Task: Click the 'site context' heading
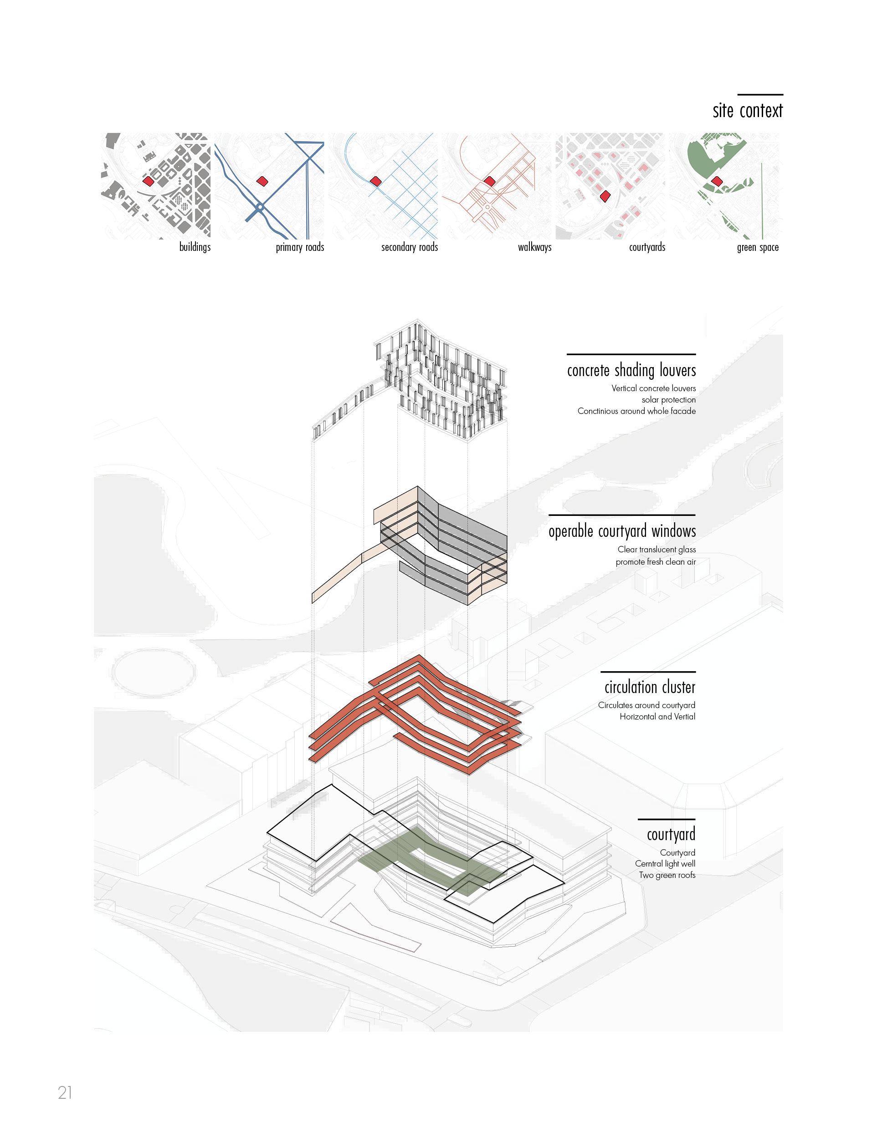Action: point(748,111)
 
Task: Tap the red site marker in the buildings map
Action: point(149,181)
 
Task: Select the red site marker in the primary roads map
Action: point(262,181)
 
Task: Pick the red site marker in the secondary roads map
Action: point(375,181)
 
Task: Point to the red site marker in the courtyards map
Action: point(605,196)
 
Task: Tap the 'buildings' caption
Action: point(195,247)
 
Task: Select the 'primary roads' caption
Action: point(300,247)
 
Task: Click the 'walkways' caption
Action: point(535,247)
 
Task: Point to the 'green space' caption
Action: point(758,247)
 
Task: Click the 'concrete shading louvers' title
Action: point(631,371)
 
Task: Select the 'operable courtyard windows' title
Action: point(622,531)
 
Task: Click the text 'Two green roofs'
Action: point(667,875)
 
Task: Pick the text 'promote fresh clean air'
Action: point(656,562)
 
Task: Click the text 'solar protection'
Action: point(668,400)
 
